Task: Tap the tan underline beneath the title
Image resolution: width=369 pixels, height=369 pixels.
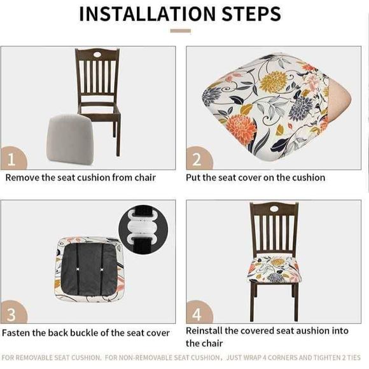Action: tap(180, 31)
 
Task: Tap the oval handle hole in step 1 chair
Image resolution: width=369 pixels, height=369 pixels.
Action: tap(97, 57)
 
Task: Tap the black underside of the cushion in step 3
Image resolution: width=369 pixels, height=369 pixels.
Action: tap(87, 267)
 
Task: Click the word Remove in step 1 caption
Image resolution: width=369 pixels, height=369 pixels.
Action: tap(23, 178)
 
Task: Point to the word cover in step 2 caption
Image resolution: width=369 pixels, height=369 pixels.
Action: tap(253, 178)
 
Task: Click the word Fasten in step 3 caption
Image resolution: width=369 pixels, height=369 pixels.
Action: tap(17, 333)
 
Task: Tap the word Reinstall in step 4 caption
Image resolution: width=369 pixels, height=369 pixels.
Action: tap(207, 331)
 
